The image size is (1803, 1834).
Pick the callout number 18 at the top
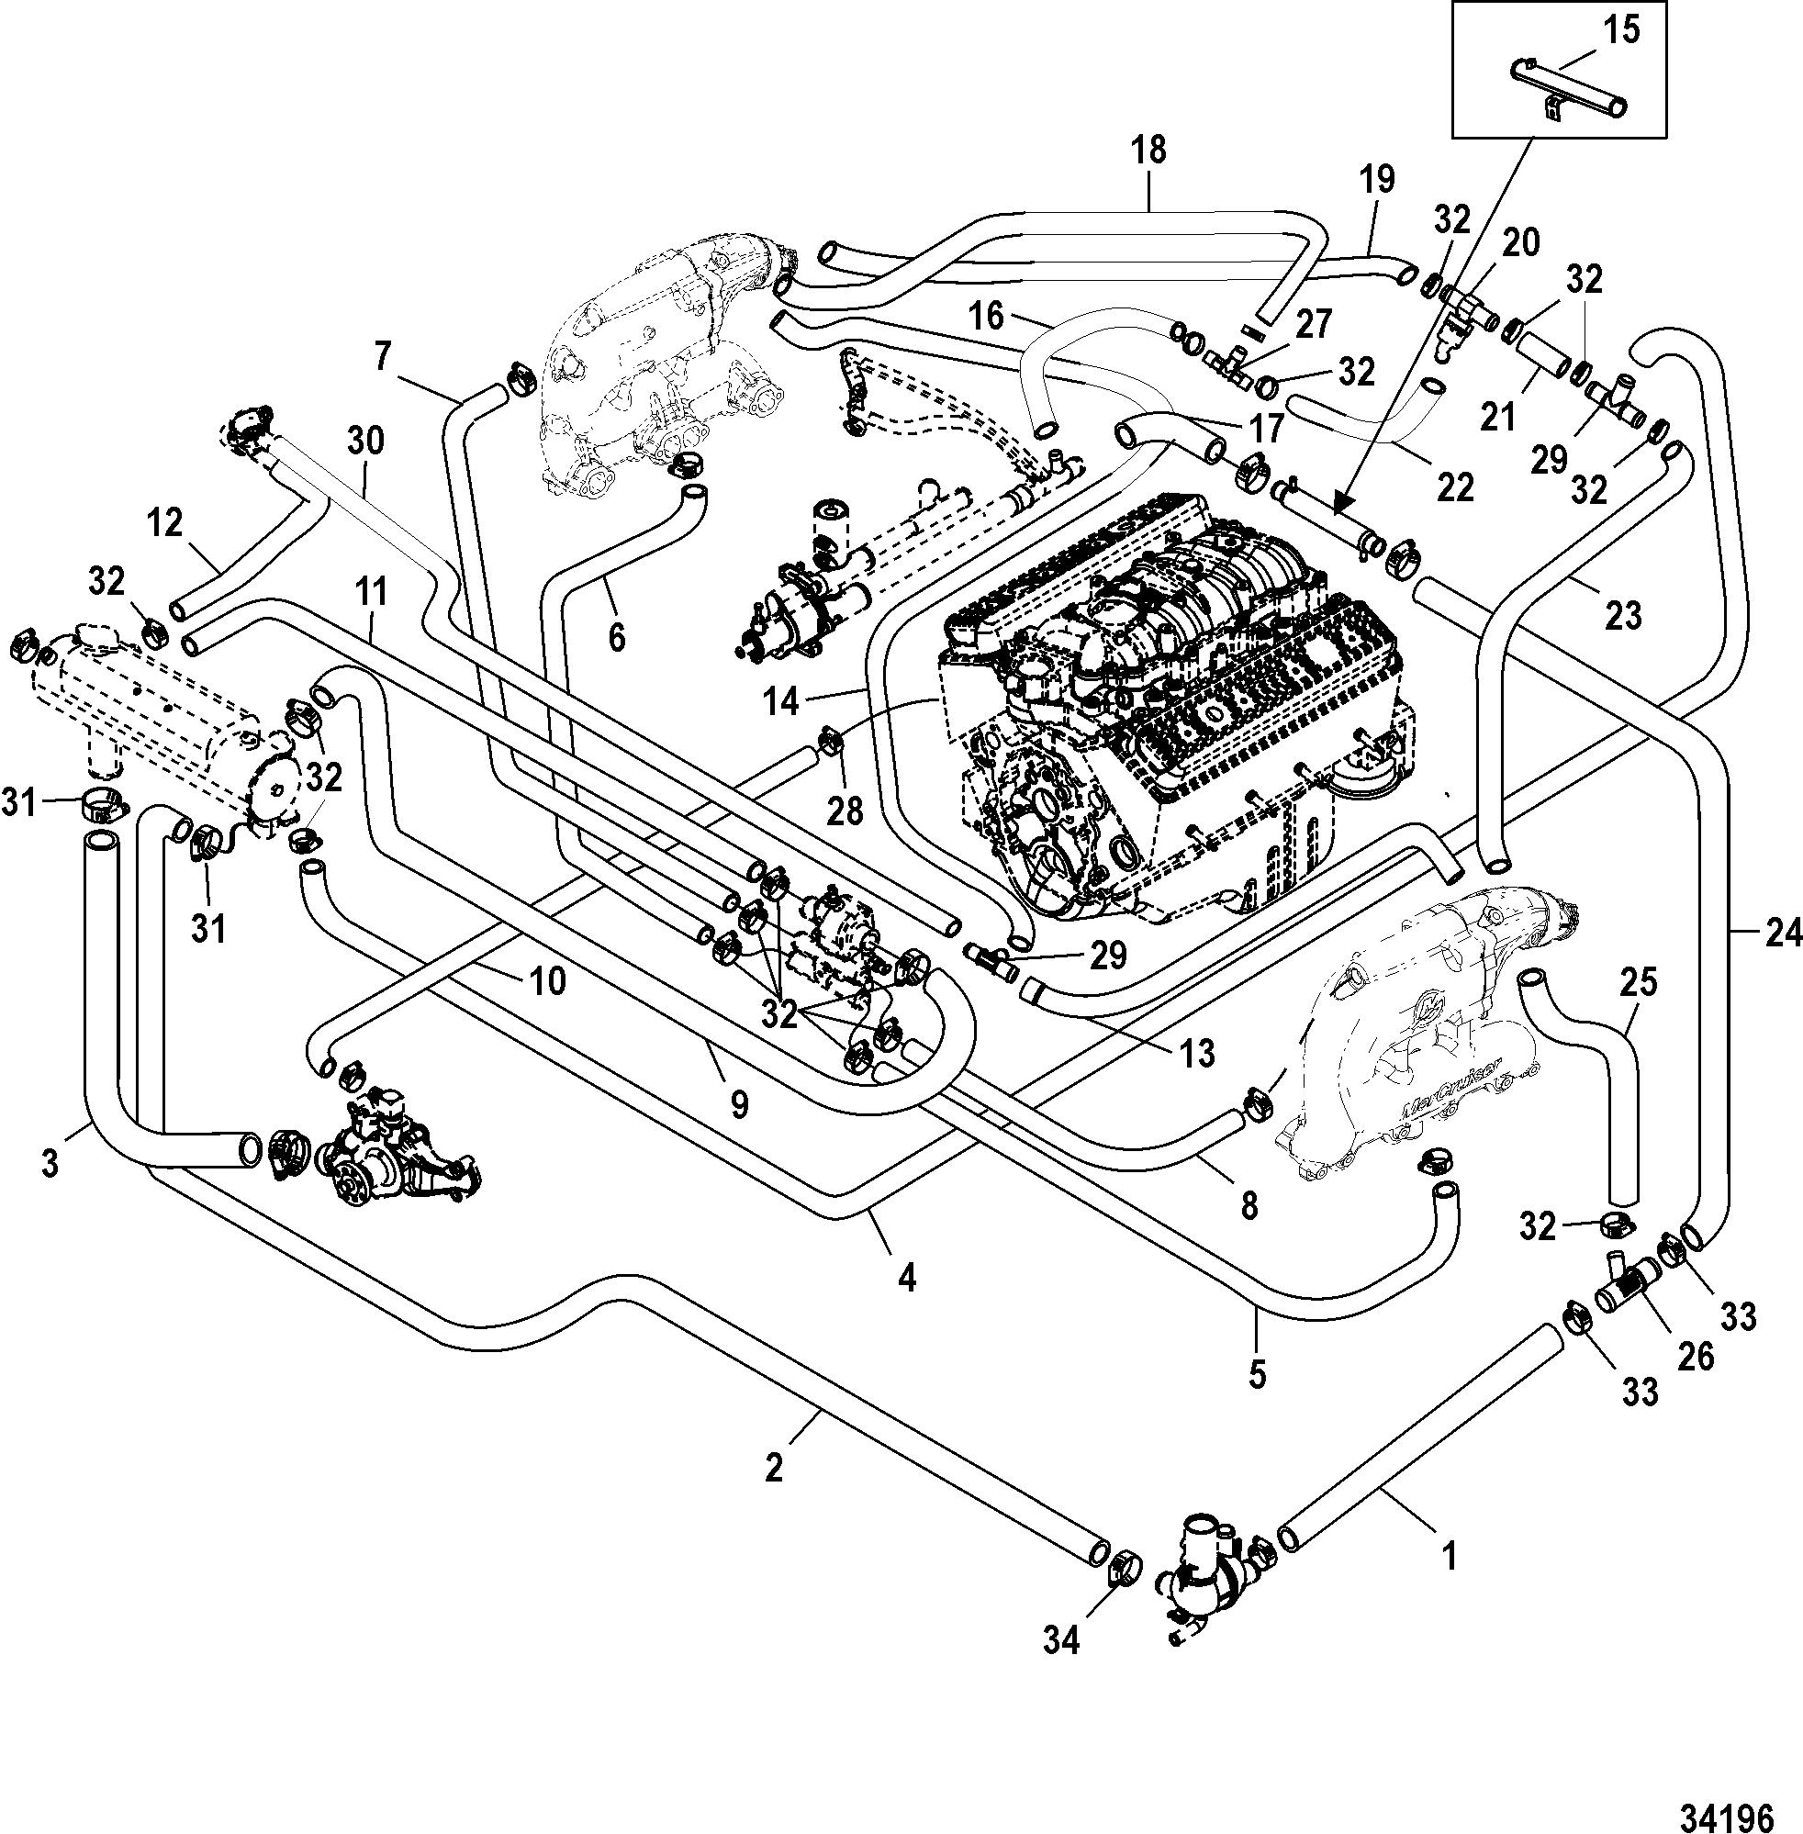click(x=1148, y=151)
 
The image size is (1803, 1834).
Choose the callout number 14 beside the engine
click(x=782, y=702)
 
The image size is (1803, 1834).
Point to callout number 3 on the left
click(x=50, y=1162)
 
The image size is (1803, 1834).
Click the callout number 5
click(x=1257, y=1374)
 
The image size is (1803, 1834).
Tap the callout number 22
click(x=1455, y=486)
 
